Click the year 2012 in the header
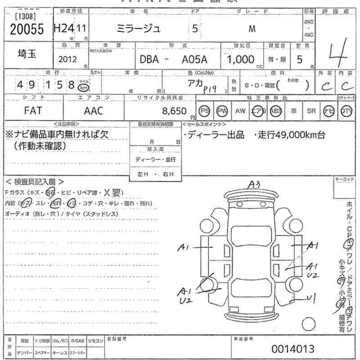pyautogui.click(x=67, y=59)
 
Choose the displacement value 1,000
pyautogui.click(x=241, y=59)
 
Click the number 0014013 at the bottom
pyautogui.click(x=293, y=349)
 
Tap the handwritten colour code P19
pyautogui.click(x=210, y=90)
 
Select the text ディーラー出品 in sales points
pyautogui.click(x=216, y=135)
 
